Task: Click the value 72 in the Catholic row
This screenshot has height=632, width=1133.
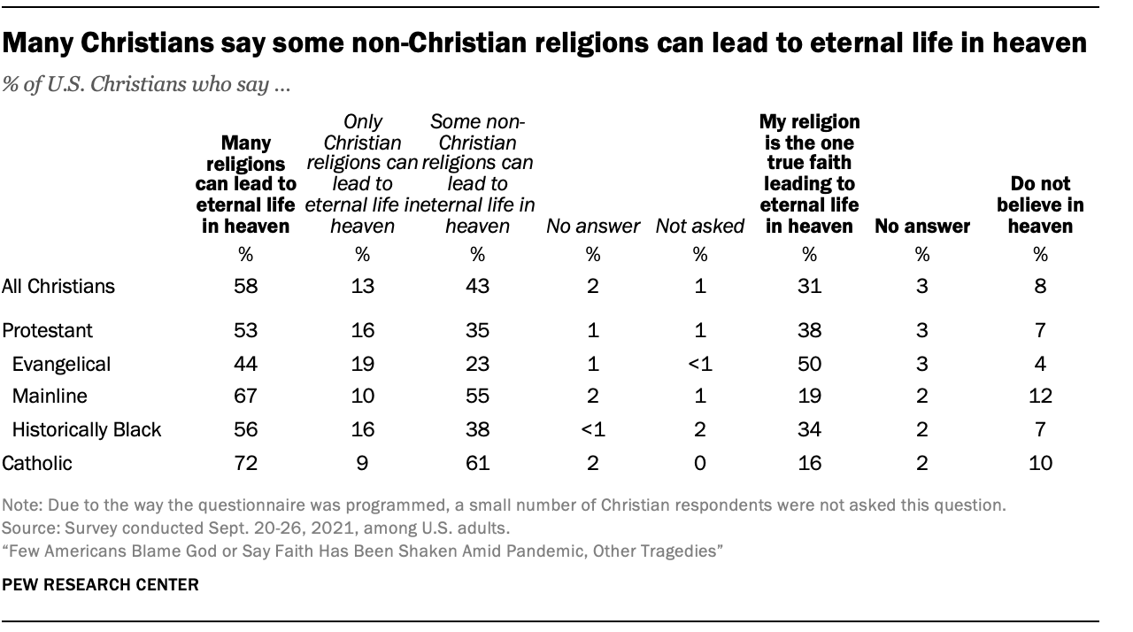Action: [x=245, y=462]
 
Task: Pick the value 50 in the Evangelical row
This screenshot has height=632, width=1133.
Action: [x=808, y=363]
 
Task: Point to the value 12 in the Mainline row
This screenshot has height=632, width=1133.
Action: [x=1040, y=396]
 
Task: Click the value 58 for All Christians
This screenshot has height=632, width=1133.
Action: [x=245, y=286]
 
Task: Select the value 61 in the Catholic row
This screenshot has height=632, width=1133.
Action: [x=476, y=462]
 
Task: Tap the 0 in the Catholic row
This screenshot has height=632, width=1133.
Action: [x=699, y=462]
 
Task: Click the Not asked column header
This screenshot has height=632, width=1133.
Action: [x=699, y=227]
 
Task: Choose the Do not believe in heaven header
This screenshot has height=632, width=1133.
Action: [x=1040, y=205]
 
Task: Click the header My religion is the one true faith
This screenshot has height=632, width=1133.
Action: [x=808, y=173]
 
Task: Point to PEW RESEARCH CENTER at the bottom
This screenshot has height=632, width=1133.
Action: [x=101, y=585]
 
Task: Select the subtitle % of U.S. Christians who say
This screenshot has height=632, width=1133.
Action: [x=161, y=87]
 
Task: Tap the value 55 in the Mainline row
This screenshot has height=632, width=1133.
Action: [x=476, y=396]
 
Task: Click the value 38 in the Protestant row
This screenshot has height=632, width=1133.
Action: [x=808, y=330]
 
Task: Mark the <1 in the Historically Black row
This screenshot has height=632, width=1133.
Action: [x=592, y=429]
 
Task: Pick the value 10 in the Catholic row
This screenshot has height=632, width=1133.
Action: [x=1040, y=462]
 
